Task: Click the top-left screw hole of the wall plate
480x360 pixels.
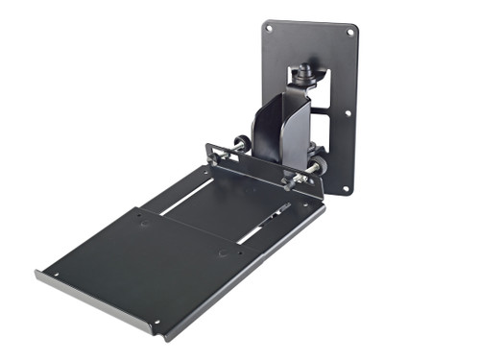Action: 270,29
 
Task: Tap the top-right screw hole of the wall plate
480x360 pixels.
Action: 348,34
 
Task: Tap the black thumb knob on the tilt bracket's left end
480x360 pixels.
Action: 213,149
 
